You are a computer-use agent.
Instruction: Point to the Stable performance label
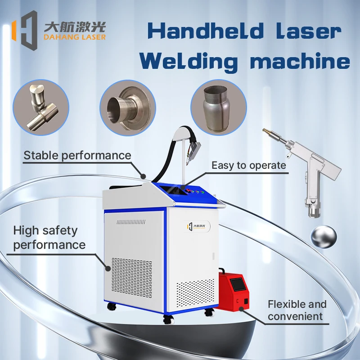click(x=77, y=156)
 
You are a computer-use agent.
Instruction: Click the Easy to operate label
click(x=249, y=165)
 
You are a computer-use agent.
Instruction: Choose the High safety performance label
click(x=49, y=238)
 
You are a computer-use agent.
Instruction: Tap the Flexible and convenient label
click(x=297, y=310)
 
